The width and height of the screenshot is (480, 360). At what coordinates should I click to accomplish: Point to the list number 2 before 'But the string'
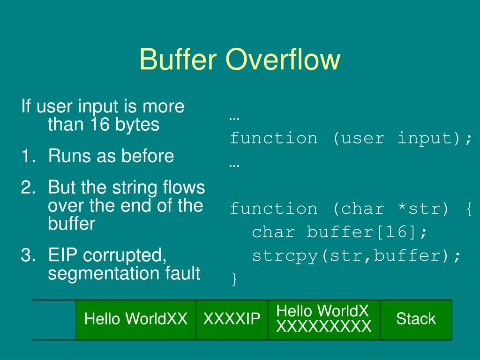pyautogui.click(x=26, y=187)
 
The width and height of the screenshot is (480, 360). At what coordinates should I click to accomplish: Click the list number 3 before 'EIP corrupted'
pyautogui.click(x=26, y=256)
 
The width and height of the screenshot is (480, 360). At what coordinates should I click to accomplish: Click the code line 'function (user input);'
pyautogui.click(x=351, y=138)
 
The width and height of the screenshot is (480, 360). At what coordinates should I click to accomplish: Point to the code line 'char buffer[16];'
pyautogui.click(x=339, y=232)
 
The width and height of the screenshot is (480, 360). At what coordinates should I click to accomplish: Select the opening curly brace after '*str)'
pyautogui.click(x=469, y=209)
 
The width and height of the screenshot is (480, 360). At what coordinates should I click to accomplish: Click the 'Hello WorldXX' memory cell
pyautogui.click(x=136, y=320)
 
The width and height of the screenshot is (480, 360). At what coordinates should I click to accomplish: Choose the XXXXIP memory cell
pyautogui.click(x=232, y=320)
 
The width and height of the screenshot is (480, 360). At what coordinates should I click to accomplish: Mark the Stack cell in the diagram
pyautogui.click(x=416, y=320)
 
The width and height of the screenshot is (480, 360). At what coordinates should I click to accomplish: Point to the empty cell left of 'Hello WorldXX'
pyautogui.click(x=54, y=320)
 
